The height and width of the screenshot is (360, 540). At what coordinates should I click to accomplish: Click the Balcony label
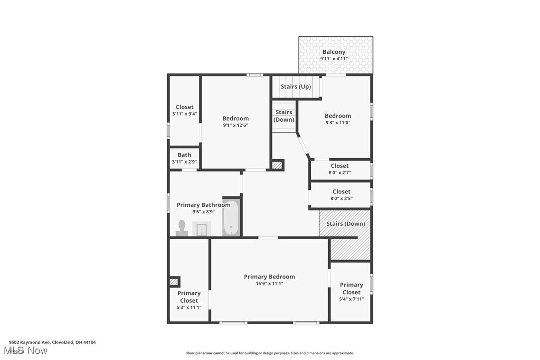point(334,52)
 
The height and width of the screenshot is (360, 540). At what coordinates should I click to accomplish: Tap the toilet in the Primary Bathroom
point(181,228)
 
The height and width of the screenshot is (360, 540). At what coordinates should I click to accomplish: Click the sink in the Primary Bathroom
point(202,229)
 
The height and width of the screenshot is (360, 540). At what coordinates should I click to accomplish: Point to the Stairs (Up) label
point(295,87)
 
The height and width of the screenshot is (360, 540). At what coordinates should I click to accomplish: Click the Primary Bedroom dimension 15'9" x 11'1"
point(269,284)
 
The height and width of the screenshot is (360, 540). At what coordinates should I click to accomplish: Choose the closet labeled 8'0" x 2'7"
point(340,169)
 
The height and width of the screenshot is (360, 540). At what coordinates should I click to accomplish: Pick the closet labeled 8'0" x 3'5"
point(341,195)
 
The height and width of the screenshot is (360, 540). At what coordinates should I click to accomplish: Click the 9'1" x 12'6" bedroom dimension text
point(235,125)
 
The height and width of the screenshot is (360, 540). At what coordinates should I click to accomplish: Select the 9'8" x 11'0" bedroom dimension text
point(338,123)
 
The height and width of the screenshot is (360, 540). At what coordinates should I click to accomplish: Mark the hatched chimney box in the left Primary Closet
point(174,282)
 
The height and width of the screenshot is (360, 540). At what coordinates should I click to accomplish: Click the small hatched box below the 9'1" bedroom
point(277,165)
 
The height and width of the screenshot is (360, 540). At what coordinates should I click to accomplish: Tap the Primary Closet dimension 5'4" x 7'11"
point(351,299)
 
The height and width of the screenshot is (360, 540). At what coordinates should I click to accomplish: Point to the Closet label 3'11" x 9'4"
point(184,110)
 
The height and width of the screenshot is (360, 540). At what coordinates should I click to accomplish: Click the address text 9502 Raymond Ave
point(52,343)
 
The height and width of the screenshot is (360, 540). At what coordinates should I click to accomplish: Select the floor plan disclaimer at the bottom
point(270,353)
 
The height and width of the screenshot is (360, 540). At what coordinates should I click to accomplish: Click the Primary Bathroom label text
point(203,205)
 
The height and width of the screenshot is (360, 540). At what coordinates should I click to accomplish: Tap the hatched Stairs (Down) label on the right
point(346,224)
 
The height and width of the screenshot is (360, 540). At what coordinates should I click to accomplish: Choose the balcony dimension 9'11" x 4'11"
point(334,59)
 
